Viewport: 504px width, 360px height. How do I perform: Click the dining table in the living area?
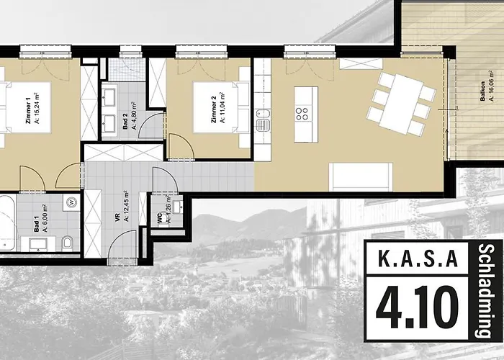[400, 104]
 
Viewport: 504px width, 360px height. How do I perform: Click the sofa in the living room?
[360, 177]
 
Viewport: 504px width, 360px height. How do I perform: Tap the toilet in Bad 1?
[66, 243]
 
